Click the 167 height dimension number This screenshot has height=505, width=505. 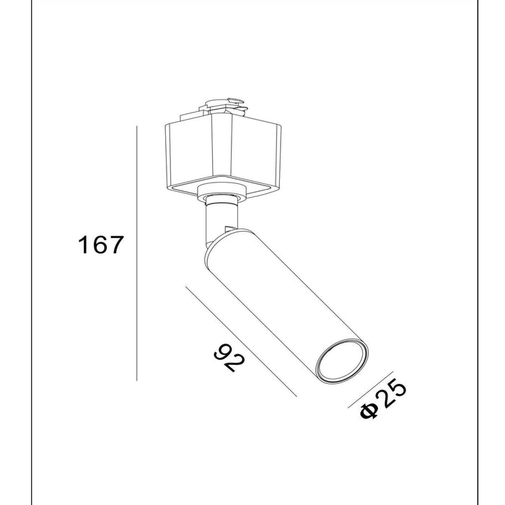(101, 245)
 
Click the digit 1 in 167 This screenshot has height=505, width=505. (84, 245)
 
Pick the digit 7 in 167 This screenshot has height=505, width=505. (118, 245)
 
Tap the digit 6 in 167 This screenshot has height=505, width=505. (100, 245)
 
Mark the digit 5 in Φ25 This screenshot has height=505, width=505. (398, 388)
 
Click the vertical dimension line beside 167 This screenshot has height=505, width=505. (137, 252)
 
